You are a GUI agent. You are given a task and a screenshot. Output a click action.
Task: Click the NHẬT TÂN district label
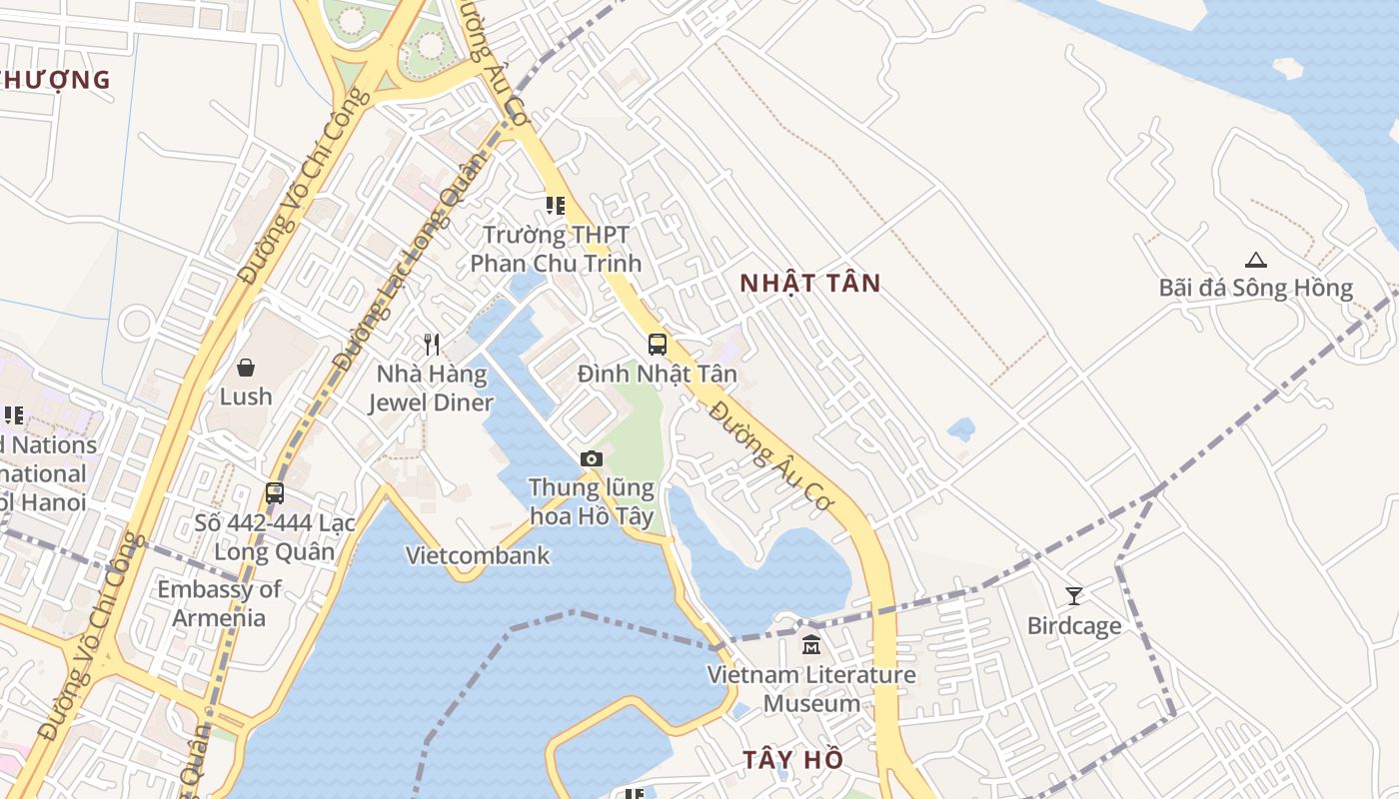tap(810, 284)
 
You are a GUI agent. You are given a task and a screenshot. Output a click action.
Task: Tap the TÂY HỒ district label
tap(792, 759)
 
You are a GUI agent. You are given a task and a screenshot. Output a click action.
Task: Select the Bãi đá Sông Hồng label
tap(1255, 289)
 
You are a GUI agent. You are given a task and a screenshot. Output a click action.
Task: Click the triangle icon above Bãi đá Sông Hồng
tap(1256, 260)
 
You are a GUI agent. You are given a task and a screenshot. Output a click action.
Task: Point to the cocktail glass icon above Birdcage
tap(1074, 596)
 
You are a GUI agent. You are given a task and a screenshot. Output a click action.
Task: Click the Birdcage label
tap(1074, 626)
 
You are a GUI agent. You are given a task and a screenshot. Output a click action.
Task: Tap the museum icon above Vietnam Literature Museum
tap(811, 645)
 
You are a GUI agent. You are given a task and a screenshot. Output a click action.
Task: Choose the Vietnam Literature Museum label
tap(811, 688)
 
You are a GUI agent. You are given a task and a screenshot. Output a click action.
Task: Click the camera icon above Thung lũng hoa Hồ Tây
tap(592, 458)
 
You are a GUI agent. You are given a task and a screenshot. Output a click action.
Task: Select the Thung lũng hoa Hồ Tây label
tap(592, 501)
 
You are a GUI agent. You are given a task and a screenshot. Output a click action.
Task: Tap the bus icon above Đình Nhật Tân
tap(658, 345)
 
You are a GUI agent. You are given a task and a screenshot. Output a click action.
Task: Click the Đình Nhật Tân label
tap(658, 375)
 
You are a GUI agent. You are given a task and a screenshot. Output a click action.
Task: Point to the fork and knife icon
tap(432, 345)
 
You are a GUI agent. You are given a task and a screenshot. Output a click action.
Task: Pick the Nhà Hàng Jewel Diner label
tap(432, 389)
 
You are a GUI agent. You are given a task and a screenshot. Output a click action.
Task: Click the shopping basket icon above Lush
tap(246, 368)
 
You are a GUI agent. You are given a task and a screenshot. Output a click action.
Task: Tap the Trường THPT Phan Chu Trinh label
tap(556, 249)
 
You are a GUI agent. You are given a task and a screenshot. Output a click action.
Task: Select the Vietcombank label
tap(478, 555)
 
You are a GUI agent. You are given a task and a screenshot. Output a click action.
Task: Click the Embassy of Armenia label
tap(219, 603)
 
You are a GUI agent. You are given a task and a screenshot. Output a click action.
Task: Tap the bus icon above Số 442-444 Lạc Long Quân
tap(275, 493)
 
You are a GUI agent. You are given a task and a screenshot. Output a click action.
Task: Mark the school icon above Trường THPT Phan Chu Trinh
tap(556, 206)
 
